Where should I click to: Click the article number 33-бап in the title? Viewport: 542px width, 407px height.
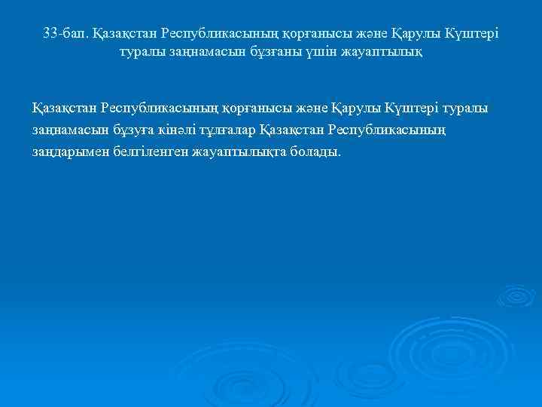(65, 34)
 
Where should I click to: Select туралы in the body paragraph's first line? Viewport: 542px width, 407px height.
(467, 108)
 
